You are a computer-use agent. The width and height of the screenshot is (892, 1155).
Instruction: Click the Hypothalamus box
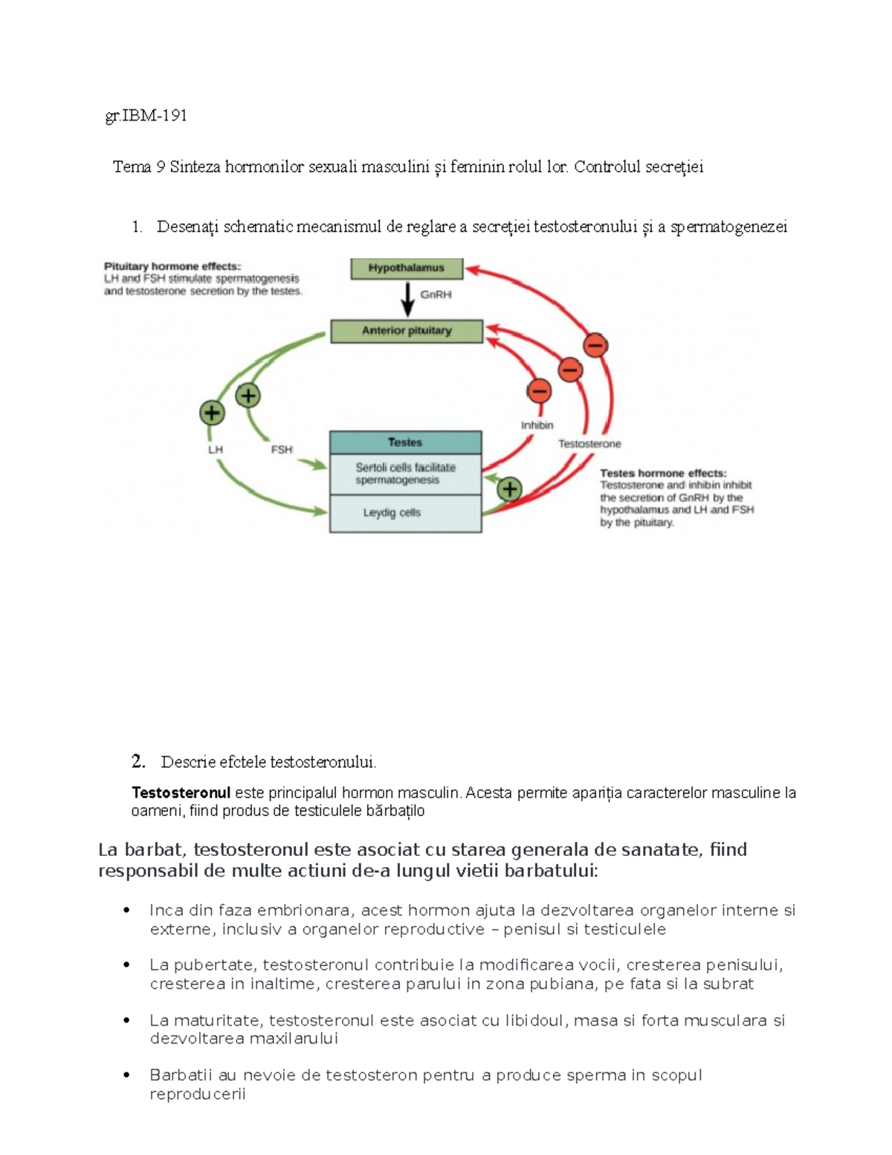point(407,268)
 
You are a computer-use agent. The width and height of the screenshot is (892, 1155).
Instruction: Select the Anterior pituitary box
point(407,331)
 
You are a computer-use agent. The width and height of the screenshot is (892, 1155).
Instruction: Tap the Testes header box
point(405,443)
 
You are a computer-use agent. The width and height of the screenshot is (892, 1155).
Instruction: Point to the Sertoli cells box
point(405,474)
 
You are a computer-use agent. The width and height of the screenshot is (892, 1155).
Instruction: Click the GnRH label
point(436,295)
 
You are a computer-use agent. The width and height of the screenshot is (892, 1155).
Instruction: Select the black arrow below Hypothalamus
point(407,299)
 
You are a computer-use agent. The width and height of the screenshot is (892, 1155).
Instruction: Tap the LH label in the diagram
point(216,450)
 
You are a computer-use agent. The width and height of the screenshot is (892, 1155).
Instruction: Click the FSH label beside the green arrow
point(282,450)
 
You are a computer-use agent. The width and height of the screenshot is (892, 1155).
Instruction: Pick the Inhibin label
point(537,425)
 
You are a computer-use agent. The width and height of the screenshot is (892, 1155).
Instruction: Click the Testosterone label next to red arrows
point(589,444)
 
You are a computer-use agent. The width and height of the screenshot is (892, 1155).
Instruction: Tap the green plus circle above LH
point(213,412)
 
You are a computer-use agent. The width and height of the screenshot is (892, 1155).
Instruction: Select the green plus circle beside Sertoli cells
point(509,489)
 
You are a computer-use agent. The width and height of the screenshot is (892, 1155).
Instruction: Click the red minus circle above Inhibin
point(539,390)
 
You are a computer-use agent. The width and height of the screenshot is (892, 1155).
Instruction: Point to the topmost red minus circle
point(595,345)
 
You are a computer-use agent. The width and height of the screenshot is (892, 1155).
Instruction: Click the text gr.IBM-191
point(146,115)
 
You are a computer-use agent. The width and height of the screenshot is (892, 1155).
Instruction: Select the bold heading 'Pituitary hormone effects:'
point(172,266)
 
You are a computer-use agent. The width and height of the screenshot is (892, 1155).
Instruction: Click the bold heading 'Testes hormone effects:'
point(663,473)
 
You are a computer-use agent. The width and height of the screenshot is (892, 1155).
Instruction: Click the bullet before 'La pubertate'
point(127,965)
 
